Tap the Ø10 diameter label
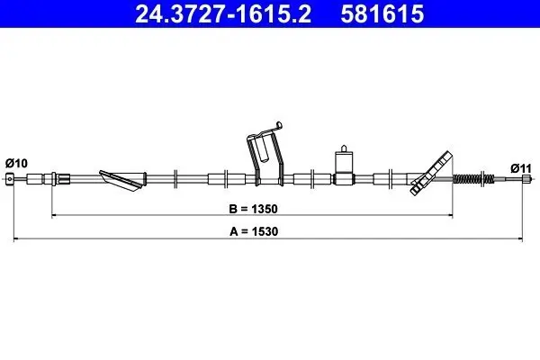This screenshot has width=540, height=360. [17, 162]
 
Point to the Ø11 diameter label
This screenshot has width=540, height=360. [522, 167]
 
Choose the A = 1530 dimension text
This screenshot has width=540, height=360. [256, 230]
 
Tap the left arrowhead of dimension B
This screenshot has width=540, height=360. [55, 217]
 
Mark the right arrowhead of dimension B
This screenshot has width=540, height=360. [452, 217]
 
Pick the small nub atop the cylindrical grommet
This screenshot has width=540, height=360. [343, 145]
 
